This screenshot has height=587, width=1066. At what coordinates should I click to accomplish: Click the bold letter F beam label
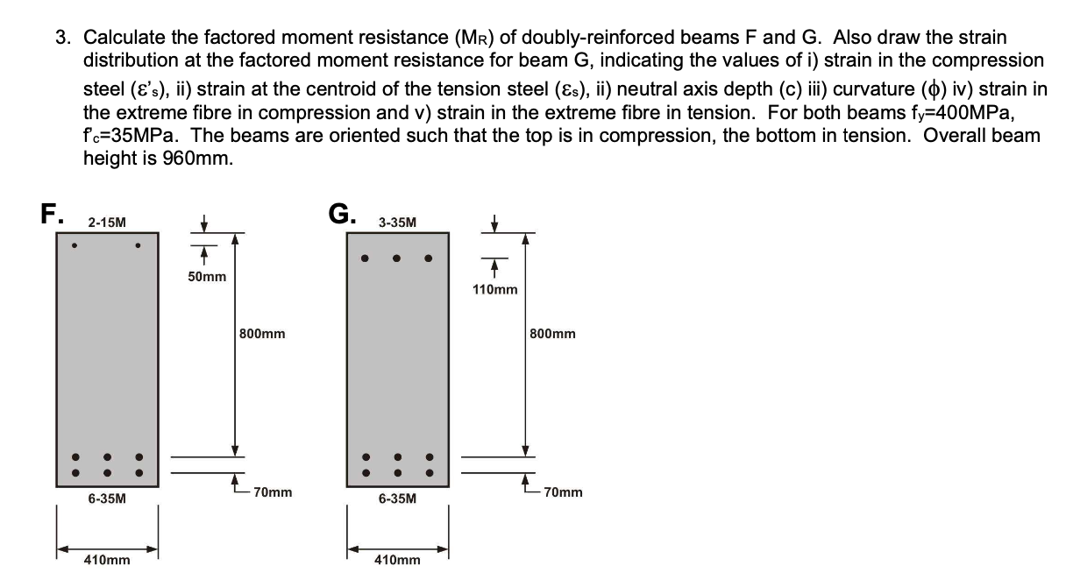50,214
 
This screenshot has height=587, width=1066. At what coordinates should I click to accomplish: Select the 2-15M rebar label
106,223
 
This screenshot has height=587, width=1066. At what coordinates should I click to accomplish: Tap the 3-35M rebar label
397,223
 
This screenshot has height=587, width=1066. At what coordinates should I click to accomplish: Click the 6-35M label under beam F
106,499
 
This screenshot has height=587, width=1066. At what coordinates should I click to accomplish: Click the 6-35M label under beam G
397,499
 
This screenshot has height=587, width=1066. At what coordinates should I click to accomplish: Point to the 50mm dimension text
207,277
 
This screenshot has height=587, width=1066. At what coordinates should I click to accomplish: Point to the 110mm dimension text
494,290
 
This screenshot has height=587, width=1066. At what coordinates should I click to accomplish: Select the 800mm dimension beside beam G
553,334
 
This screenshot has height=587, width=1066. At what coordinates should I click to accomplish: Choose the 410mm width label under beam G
397,560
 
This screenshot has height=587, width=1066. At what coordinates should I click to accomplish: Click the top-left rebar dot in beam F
75,245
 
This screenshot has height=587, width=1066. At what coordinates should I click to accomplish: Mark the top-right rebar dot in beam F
138,245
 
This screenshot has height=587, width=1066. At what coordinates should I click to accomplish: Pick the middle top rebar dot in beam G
397,258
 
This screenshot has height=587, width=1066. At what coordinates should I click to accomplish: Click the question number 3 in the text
61,38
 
